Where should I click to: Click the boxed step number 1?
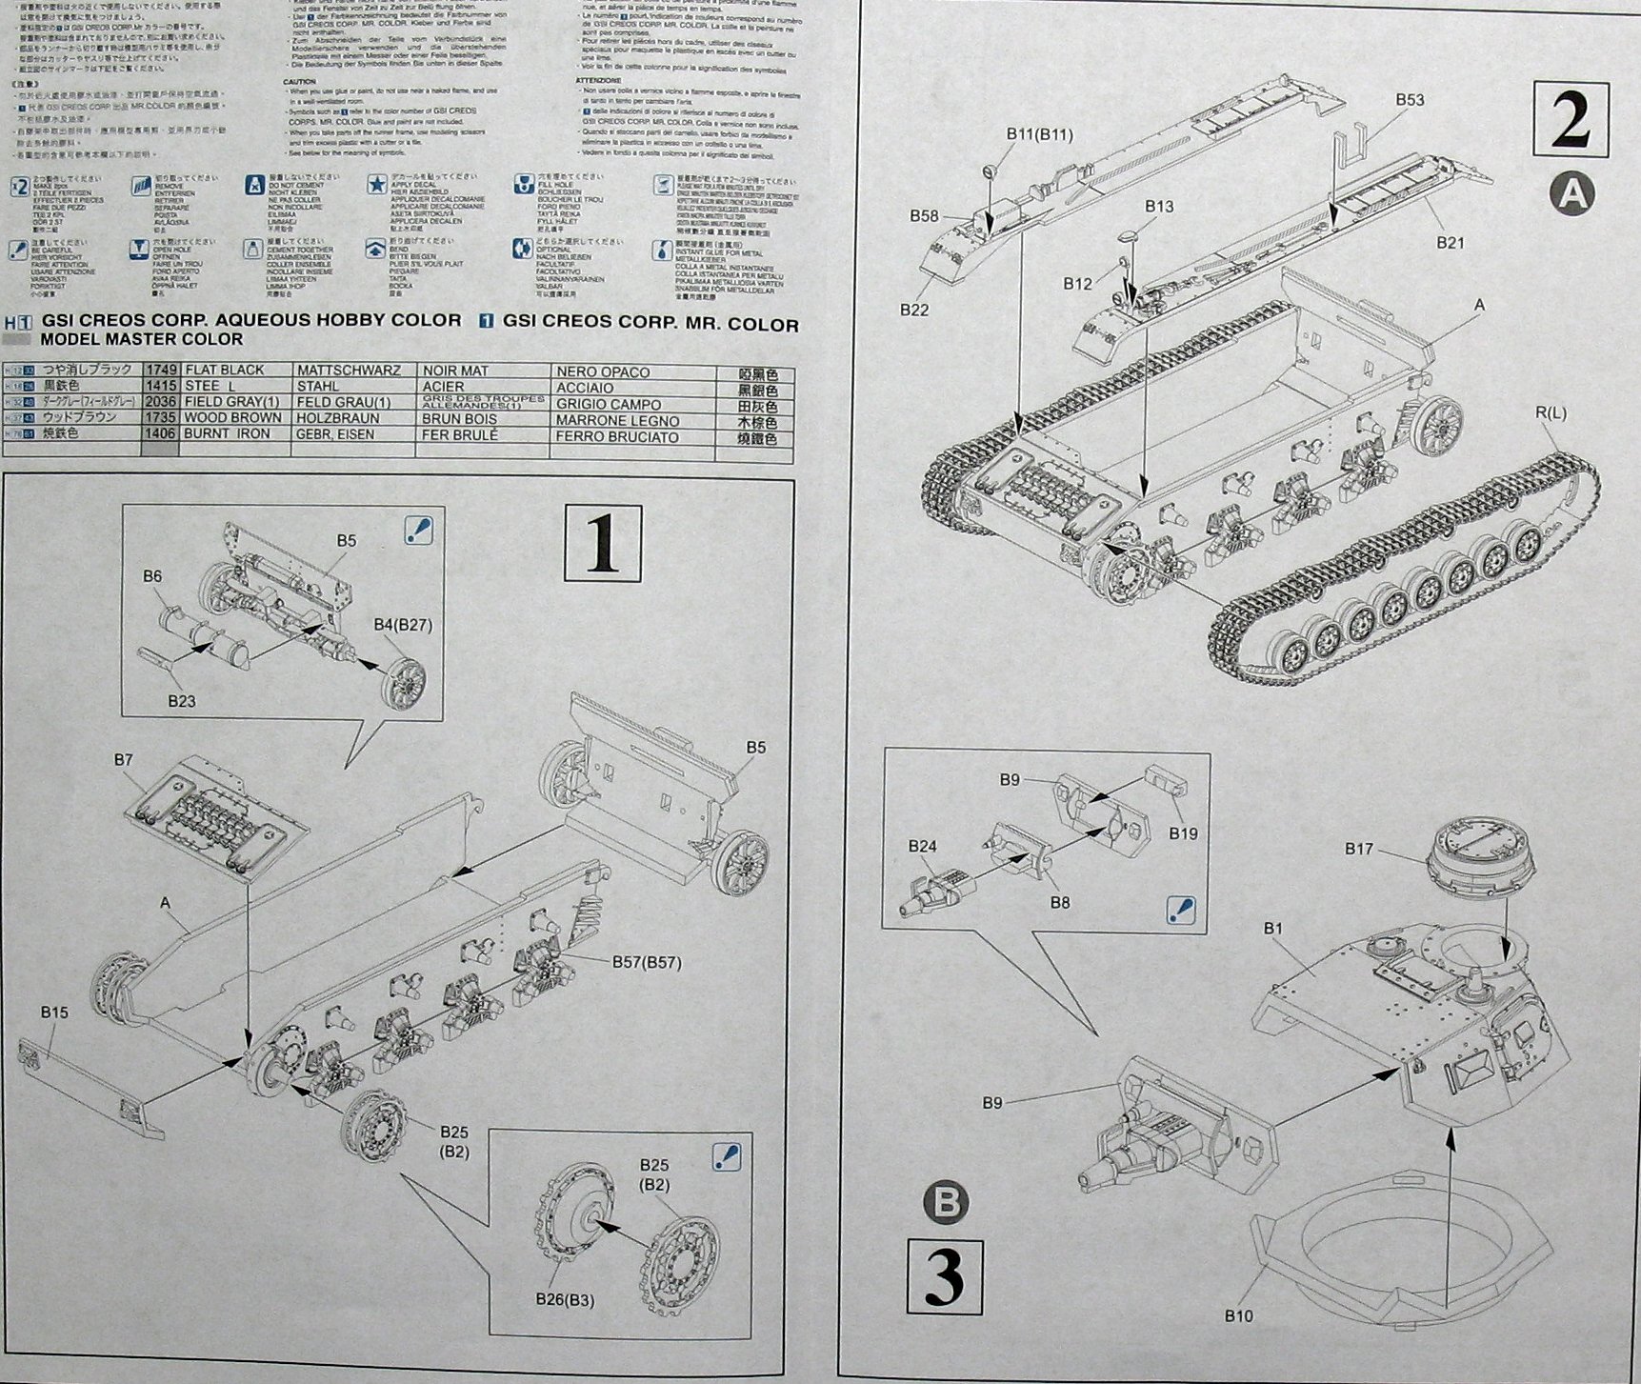coord(603,543)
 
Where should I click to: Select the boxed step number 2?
coord(1571,120)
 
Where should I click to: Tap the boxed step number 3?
coord(944,1275)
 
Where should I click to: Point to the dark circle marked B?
coord(947,1203)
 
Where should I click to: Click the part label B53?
coord(1410,100)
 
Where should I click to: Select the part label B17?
coord(1359,848)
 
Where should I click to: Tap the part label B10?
coord(1239,1315)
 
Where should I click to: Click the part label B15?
coord(54,1013)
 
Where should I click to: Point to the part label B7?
coord(123,759)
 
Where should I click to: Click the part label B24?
coord(922,846)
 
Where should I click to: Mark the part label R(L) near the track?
coord(1551,412)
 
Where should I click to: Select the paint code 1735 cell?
coord(160,417)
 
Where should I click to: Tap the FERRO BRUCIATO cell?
coord(617,437)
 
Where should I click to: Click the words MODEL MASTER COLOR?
coord(142,339)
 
